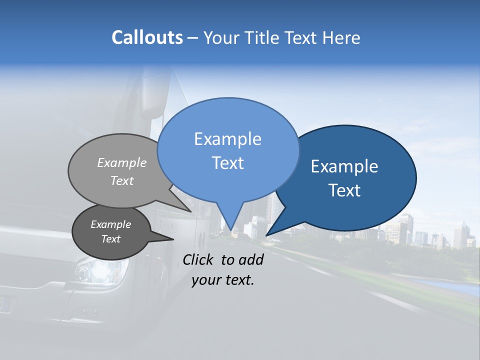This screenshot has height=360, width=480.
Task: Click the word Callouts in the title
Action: point(147,38)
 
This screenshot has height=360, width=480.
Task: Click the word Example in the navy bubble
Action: point(344,166)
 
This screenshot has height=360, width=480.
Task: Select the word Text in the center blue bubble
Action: point(228,163)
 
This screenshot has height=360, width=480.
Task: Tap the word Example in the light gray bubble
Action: point(122,162)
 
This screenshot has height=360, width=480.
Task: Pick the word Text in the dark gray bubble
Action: point(110,239)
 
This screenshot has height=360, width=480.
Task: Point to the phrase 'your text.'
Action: point(223,280)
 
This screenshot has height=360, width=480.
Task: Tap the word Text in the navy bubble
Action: point(344,190)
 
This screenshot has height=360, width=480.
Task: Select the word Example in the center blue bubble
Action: point(228,139)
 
